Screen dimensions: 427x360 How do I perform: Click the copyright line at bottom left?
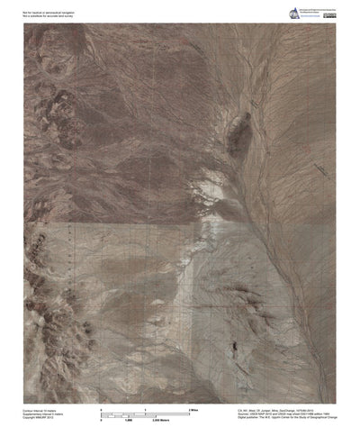coord(40,419)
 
